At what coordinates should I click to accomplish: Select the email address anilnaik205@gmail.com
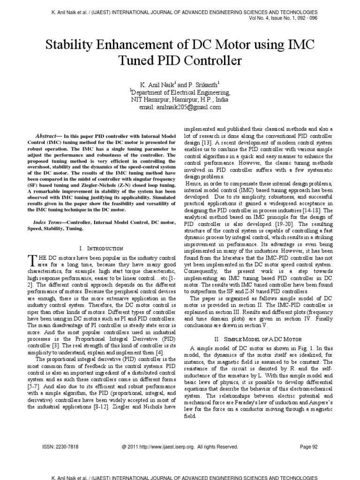[180, 107]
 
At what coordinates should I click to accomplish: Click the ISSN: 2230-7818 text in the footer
[58, 447]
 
